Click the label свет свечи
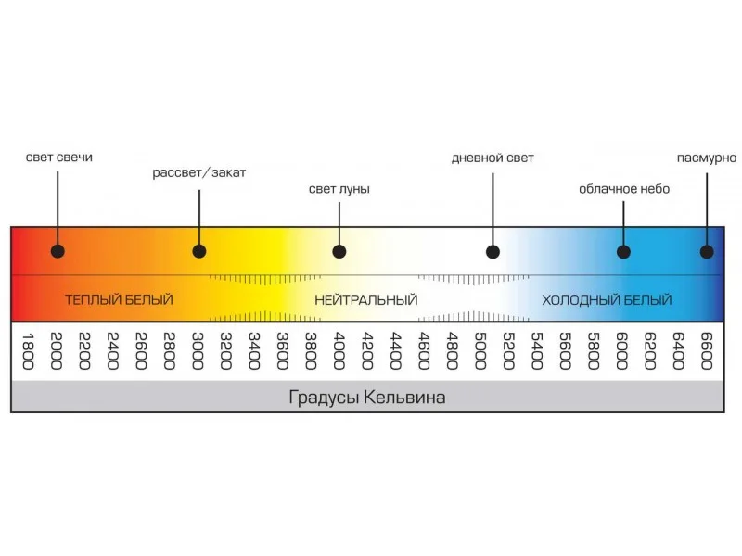pos(59,158)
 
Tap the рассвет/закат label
pos(199,173)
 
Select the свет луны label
pos(339,189)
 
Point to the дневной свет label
pos(493,158)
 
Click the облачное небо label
pos(624,189)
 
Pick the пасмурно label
pos(707,158)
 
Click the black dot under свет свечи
pos(58,251)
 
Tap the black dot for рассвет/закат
pos(198,251)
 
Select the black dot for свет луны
pos(339,251)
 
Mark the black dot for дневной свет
pos(493,251)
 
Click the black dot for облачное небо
pos(623,251)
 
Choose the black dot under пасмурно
pos(707,251)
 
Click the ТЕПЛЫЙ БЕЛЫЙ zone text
pos(119,300)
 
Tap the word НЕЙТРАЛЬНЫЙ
pos(365,300)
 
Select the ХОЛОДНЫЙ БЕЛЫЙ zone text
pos(608,300)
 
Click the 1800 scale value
pos(27,351)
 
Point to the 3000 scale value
pos(198,351)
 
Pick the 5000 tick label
pos(480,351)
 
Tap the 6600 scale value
pos(707,351)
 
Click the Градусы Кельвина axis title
pos(367,398)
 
